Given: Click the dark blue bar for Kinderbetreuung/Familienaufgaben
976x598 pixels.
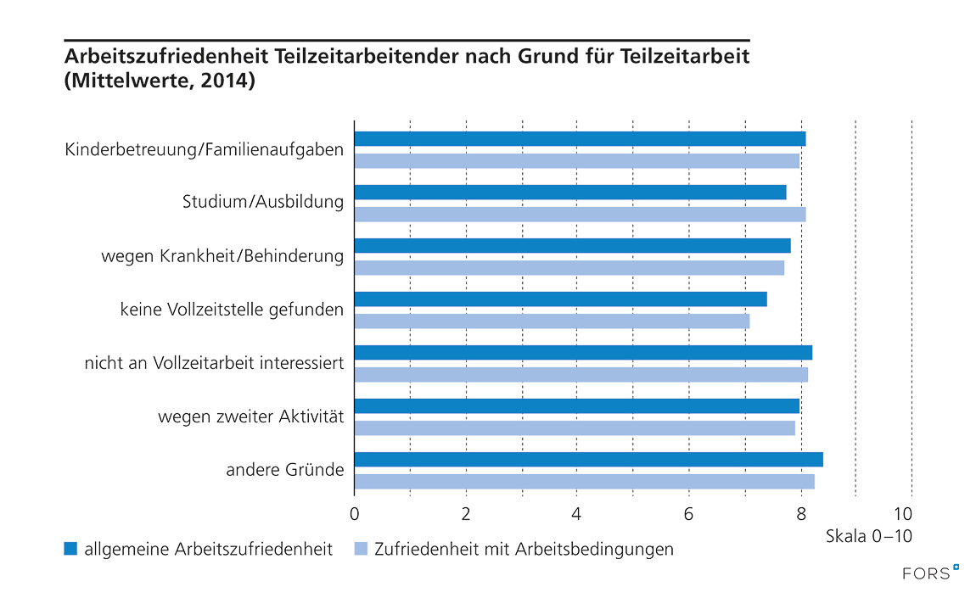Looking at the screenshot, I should point(580,139).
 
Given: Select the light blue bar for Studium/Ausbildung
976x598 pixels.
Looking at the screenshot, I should point(580,215).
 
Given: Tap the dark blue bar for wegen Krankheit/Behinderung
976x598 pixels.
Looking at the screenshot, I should point(572,246).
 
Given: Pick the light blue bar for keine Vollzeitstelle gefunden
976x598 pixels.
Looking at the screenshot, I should point(552,321).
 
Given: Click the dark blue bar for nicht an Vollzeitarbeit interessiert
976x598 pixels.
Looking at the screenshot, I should point(583,353).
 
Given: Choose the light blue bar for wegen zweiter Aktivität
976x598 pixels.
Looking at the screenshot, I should point(575,428).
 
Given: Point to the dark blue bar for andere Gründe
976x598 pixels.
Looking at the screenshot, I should point(588,460).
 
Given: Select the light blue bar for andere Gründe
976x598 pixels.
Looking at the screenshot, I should point(584,482).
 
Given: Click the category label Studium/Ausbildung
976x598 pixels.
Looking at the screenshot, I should point(263,203).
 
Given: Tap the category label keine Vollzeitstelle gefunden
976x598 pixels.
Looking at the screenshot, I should point(232,310).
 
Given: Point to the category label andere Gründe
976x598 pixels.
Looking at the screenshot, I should point(284,470).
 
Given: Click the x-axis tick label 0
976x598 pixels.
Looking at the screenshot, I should point(354,513).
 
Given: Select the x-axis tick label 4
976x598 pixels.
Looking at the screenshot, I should point(577,513).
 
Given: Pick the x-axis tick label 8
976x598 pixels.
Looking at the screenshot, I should point(800,513).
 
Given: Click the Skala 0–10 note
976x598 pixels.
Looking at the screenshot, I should point(868,536).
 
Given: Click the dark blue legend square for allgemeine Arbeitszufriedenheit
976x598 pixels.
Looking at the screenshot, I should point(70,549).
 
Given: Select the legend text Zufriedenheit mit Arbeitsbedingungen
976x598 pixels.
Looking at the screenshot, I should point(524,549).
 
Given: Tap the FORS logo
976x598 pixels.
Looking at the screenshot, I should point(929,574).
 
